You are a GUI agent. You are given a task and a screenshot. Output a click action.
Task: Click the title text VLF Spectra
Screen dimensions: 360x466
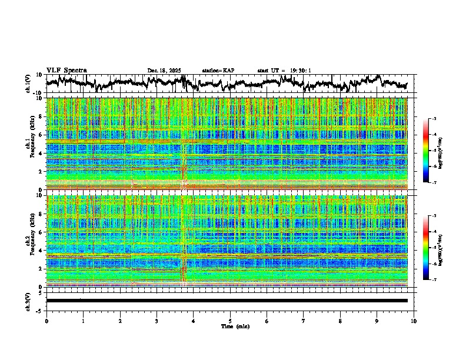(x=66, y=70)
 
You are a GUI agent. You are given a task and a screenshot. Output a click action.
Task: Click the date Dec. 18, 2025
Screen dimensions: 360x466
(x=165, y=71)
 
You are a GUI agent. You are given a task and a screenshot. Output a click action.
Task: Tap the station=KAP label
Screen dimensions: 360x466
(x=218, y=71)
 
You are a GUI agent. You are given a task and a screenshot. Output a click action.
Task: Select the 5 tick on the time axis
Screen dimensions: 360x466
(x=231, y=321)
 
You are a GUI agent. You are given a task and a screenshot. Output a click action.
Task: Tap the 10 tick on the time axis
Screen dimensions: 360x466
(x=414, y=321)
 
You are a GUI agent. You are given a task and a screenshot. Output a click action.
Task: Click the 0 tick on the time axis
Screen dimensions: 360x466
(x=46, y=321)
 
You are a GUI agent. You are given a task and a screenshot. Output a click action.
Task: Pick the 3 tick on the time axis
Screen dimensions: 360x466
(x=157, y=321)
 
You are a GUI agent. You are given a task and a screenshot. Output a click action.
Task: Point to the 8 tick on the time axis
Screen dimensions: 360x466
(x=341, y=321)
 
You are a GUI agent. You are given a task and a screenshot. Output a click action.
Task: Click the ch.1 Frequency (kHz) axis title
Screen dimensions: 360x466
(x=29, y=144)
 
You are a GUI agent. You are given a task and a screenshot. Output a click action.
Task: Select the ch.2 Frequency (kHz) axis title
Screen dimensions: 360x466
(x=29, y=241)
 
